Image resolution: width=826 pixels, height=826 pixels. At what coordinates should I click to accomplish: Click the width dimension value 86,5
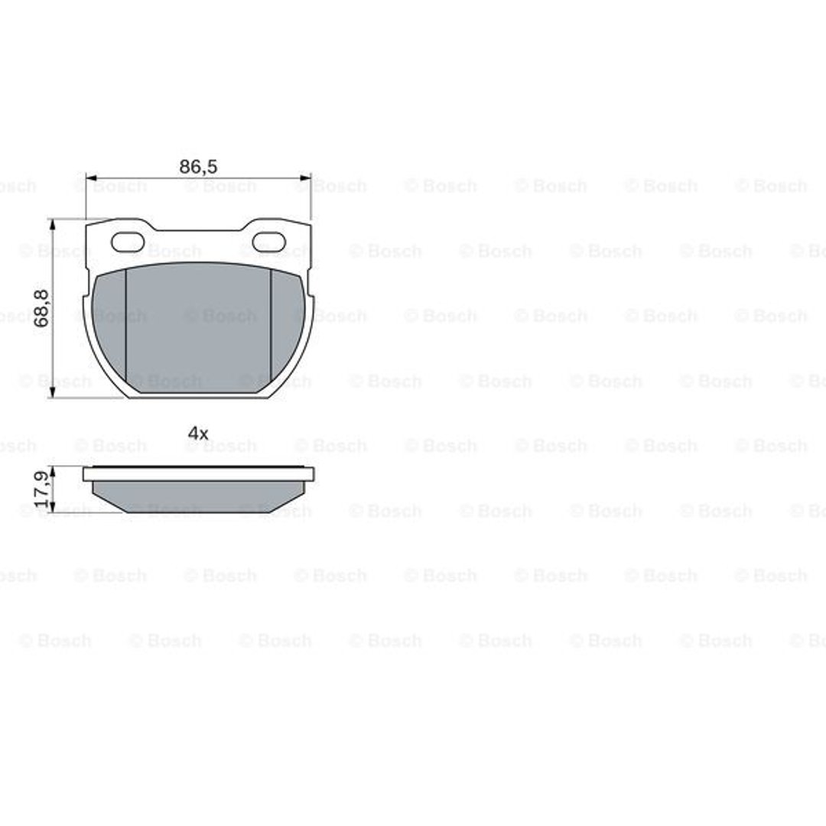pyautogui.click(x=198, y=167)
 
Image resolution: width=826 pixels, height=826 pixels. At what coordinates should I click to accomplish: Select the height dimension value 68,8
pyautogui.click(x=41, y=308)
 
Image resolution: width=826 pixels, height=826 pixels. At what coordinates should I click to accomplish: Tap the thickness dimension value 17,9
pyautogui.click(x=41, y=489)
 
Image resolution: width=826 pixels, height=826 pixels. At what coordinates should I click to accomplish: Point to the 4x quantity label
pyautogui.click(x=198, y=434)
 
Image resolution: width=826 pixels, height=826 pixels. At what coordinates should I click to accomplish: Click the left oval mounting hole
pyautogui.click(x=128, y=242)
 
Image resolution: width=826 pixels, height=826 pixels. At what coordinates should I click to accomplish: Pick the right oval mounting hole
pyautogui.click(x=268, y=242)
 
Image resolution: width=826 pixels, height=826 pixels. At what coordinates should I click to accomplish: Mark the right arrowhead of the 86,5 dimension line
pyautogui.click(x=305, y=177)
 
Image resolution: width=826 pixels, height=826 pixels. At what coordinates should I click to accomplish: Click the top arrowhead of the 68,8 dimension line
pyautogui.click(x=52, y=225)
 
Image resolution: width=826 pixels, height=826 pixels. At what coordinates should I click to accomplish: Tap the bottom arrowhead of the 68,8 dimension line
pyautogui.click(x=52, y=392)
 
